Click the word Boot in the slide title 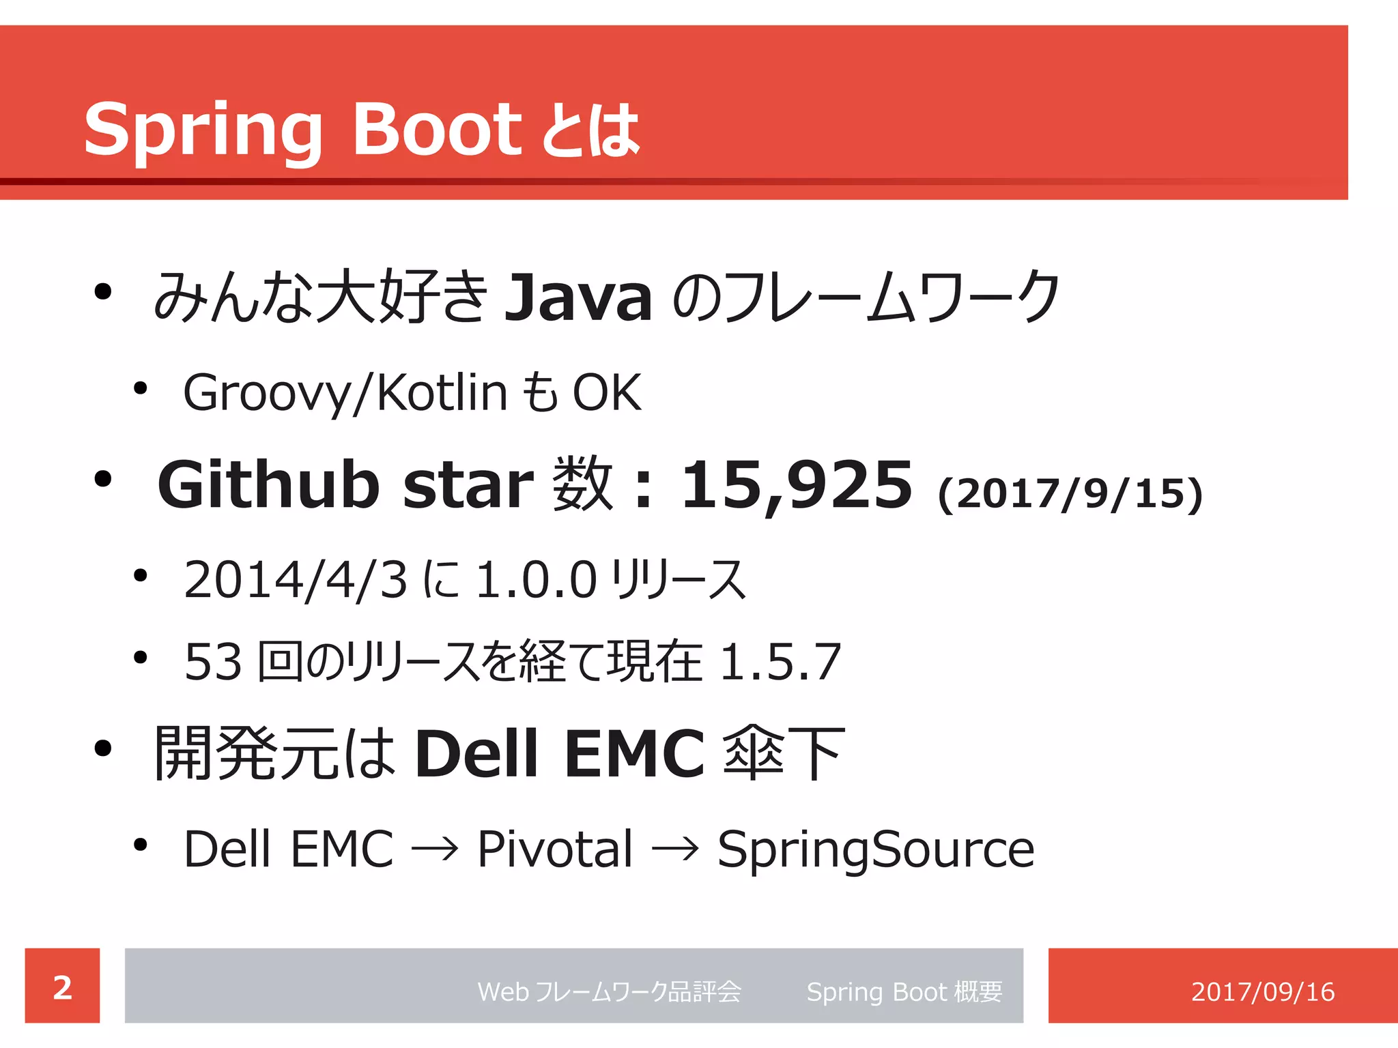click(437, 128)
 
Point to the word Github click(268, 484)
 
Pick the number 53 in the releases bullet click(213, 662)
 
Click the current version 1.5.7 click(780, 662)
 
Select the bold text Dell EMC click(560, 753)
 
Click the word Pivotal click(555, 849)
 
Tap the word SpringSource click(876, 849)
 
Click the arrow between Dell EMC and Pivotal click(435, 850)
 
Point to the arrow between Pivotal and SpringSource click(675, 850)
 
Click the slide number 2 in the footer click(62, 987)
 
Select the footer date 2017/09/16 click(1263, 991)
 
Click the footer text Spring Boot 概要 click(904, 991)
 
